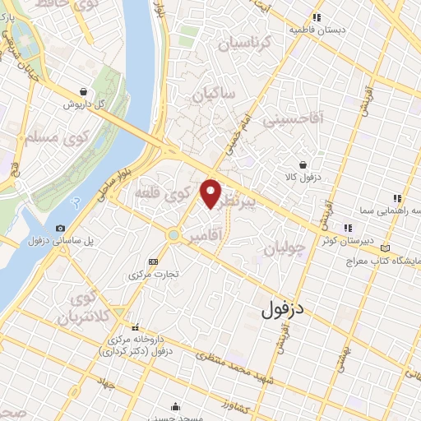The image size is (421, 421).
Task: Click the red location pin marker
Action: pos(211,194)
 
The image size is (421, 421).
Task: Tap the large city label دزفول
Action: pos(283,310)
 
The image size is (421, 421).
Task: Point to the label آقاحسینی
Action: pos(293,121)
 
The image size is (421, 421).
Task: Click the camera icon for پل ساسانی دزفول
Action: pos(60,228)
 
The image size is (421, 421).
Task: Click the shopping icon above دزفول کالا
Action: pos(303,164)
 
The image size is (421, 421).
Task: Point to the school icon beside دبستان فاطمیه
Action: pos(316,18)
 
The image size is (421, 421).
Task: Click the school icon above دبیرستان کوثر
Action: pos(348,228)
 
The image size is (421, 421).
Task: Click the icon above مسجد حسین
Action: pos(176,405)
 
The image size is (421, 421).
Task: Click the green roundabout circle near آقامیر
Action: pos(173,235)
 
